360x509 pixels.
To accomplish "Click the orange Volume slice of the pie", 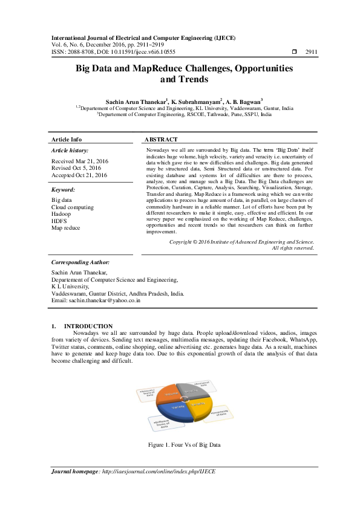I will pos(168,394).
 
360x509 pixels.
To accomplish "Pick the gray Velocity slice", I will pos(192,392).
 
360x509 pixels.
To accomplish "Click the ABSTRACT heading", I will pos(162,139).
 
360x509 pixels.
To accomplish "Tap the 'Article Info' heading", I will pos(67,139).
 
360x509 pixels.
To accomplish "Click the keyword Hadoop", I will pos(61,214).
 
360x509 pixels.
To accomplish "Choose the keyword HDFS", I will pos(59,221).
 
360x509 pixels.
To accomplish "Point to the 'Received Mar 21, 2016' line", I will pos(80,161).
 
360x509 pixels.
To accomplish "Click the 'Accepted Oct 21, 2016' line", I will pos(79,175).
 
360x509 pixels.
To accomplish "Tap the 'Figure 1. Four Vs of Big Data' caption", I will pos(180,445).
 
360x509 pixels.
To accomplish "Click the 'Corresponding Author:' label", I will pos(80,280).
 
